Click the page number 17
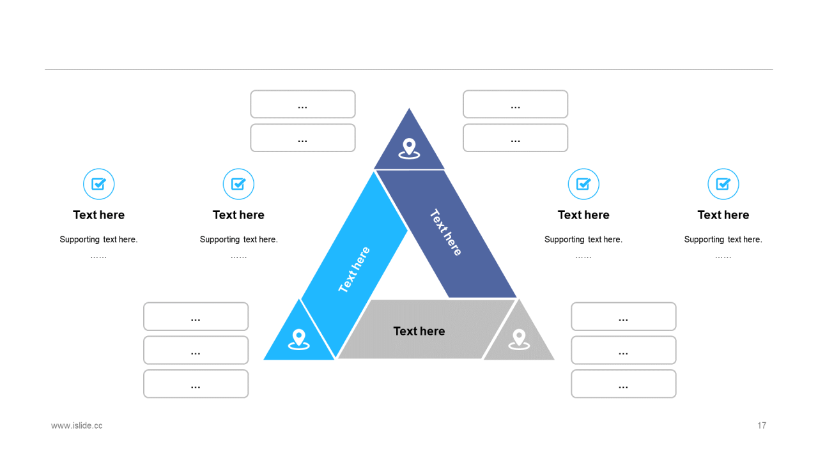761,425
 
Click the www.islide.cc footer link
77,425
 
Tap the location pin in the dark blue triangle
409,148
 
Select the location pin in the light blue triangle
298,339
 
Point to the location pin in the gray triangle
519,339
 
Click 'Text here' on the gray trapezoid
419,331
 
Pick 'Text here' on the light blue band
354,270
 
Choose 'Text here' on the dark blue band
445,233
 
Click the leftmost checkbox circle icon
99,184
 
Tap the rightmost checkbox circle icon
723,184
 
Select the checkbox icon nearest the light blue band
238,184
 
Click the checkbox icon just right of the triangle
583,184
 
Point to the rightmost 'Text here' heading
723,215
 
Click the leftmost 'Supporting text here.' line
99,240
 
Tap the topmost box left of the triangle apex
303,104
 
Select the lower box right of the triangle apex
516,138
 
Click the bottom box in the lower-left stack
196,384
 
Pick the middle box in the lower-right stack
624,350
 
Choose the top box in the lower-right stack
624,316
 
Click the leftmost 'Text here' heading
99,215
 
